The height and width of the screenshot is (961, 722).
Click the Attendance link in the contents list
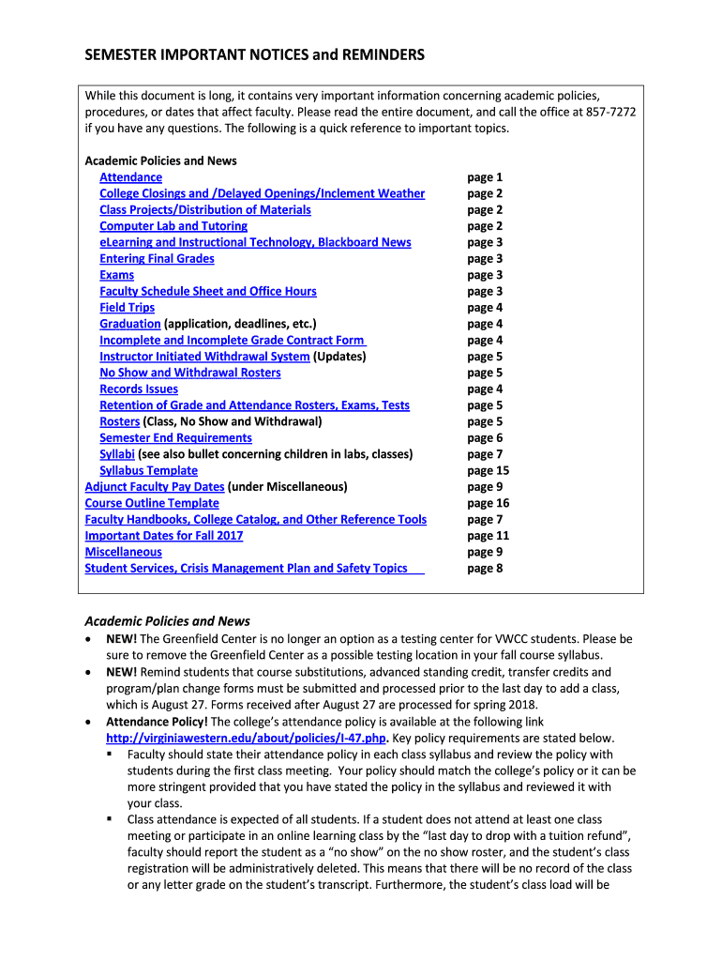130,177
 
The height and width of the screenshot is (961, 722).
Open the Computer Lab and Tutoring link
173,226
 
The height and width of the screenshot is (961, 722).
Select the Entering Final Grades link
157,259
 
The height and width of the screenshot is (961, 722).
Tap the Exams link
116,275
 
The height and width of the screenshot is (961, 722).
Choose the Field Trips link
127,308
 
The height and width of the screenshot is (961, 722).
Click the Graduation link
130,324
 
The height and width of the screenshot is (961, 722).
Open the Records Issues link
139,389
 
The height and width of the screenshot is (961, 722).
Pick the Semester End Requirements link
175,438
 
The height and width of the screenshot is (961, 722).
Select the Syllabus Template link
148,471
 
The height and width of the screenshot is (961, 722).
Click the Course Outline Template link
139,504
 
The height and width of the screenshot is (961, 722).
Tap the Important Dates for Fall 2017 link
164,536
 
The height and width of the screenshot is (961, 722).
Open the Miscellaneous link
123,553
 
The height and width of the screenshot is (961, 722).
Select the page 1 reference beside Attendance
485,177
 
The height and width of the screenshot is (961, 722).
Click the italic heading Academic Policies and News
168,621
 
